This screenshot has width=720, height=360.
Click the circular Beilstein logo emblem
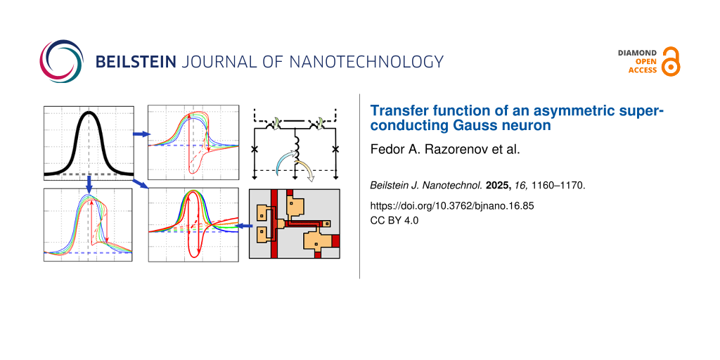point(62,61)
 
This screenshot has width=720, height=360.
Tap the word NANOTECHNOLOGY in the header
point(366,61)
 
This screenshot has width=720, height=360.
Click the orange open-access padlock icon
point(671,61)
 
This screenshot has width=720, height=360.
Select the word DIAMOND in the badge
point(637,53)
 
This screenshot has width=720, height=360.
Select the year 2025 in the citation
point(500,186)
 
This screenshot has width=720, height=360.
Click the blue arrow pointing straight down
point(89,183)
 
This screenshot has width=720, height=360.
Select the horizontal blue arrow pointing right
point(140,134)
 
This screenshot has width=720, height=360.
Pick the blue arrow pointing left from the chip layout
point(241,226)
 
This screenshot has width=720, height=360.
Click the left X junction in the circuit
point(255,149)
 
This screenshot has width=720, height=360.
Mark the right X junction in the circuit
point(335,149)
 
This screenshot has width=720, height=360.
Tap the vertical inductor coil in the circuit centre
point(295,147)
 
